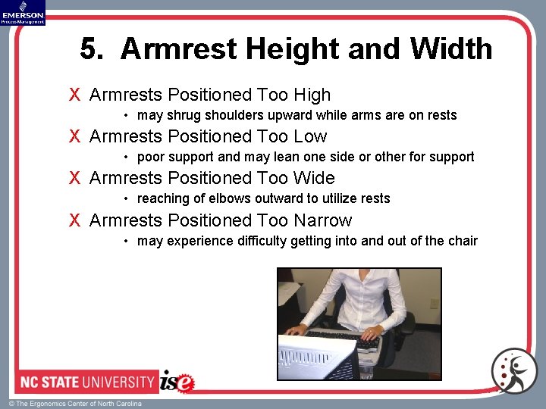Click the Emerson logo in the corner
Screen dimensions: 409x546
click(x=23, y=13)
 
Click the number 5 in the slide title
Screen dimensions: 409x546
click(x=90, y=50)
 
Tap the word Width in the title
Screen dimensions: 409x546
click(x=451, y=50)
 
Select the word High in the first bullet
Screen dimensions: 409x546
click(x=312, y=95)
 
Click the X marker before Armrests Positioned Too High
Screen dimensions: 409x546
click(x=74, y=95)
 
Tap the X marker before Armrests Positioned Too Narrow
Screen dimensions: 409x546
click(x=74, y=221)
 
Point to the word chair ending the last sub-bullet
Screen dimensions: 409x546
click(x=463, y=242)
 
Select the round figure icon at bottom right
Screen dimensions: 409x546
click(x=513, y=371)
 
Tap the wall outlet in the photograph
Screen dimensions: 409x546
click(x=434, y=304)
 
